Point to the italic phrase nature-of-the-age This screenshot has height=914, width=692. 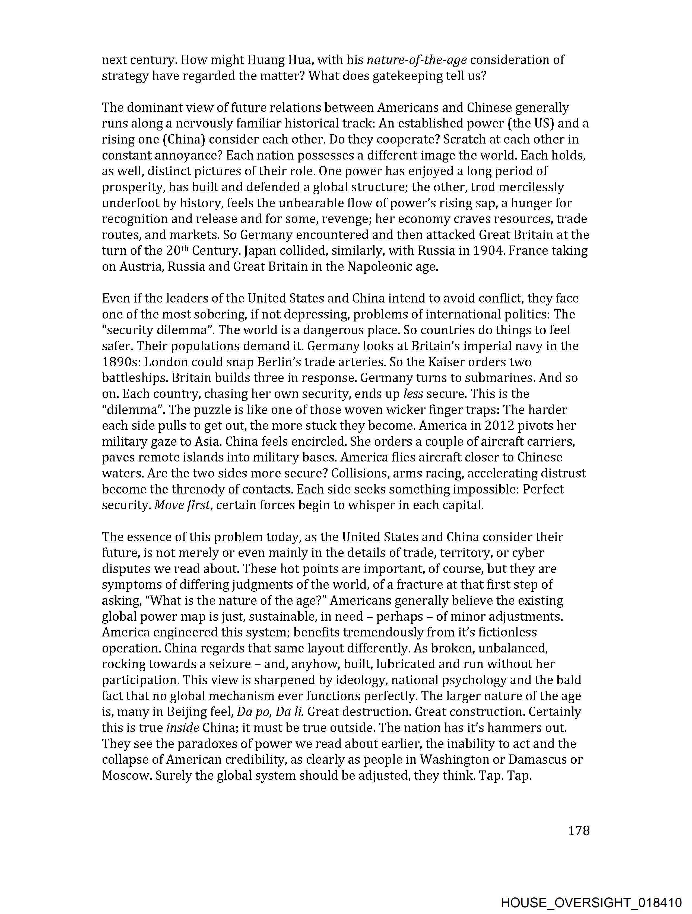(417, 60)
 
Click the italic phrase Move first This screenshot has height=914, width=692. (182, 505)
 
